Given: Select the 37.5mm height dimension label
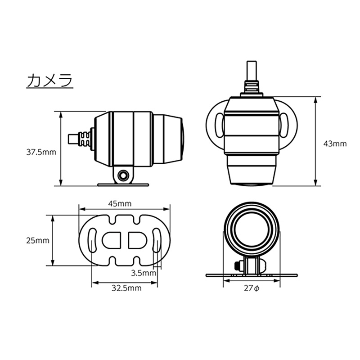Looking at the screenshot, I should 40,152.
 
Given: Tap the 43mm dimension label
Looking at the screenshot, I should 335,144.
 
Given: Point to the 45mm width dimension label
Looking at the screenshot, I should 120,203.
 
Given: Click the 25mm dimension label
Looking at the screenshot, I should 37,240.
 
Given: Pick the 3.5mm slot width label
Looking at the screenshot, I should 144,273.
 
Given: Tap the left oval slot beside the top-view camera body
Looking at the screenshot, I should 219,124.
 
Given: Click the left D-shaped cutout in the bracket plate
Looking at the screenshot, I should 111,240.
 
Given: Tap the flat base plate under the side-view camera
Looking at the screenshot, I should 123,184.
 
